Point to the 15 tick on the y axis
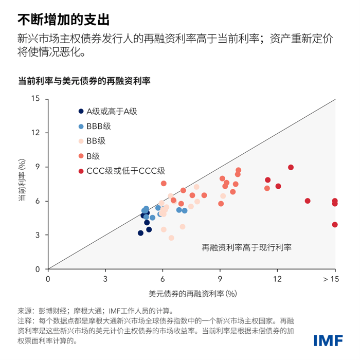click(x=35, y=99)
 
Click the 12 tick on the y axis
click(x=35, y=133)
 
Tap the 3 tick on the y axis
click(x=38, y=235)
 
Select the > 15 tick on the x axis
click(x=331, y=279)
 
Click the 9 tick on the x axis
click(x=220, y=279)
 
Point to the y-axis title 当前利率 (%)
click(x=22, y=184)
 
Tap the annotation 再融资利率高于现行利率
click(x=246, y=247)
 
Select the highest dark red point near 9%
click(x=291, y=167)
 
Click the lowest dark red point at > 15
click(x=335, y=224)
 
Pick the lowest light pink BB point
click(x=171, y=238)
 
